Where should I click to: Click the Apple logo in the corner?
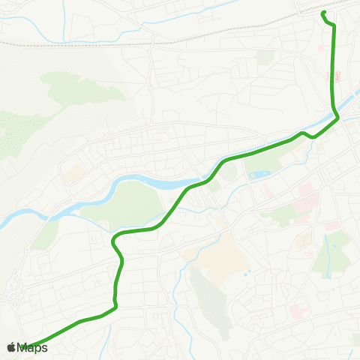pos(11,347)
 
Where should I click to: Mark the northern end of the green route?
pos(322,13)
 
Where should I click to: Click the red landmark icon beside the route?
pos(337,76)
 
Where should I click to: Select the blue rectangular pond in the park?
pos(259,175)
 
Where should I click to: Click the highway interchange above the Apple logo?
pos(13,293)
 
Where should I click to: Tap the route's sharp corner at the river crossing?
pos(338,117)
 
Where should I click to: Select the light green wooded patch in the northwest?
pos(75,90)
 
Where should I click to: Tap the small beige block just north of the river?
pos(73,174)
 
